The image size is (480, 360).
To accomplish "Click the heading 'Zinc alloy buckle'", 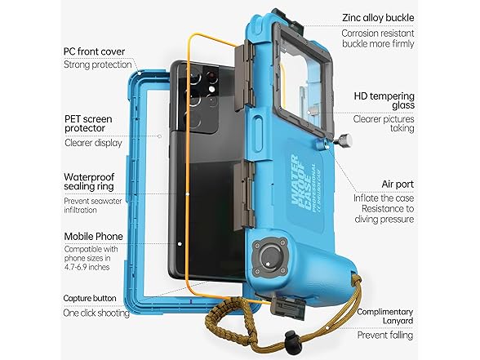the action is [378, 18].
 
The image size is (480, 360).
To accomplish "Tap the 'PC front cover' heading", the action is [95, 51].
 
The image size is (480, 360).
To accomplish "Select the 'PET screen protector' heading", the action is [88, 123].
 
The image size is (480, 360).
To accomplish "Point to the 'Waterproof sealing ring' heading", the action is [89, 181].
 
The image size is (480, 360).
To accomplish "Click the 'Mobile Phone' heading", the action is [94, 237].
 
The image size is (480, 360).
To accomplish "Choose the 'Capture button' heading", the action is [90, 298].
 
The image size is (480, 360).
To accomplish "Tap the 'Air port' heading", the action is [398, 184].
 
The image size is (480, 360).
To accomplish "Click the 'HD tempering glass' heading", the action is [384, 100].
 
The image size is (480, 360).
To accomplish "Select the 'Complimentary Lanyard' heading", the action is [385, 316].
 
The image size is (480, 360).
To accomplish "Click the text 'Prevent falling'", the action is [385, 335].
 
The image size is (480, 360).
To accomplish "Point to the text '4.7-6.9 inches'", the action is [87, 267].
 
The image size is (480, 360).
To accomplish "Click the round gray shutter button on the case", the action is [270, 256].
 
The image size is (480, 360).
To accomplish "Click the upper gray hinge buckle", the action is [244, 77].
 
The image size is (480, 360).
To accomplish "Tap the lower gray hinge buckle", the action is [244, 195].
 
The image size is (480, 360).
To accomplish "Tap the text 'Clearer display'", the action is [93, 143].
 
